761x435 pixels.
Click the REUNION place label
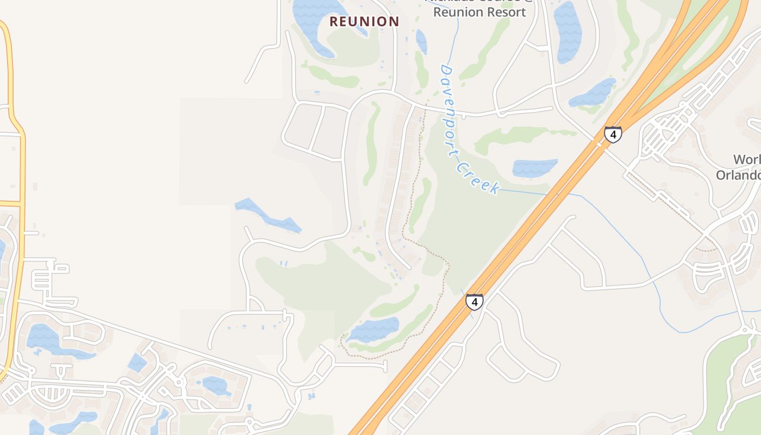365,22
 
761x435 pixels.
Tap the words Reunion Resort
479,12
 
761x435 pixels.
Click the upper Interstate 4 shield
613,134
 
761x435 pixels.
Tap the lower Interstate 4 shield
475,302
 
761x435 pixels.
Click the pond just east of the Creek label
535,167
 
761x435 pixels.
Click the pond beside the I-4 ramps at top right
594,92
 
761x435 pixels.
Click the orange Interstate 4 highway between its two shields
544,217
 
